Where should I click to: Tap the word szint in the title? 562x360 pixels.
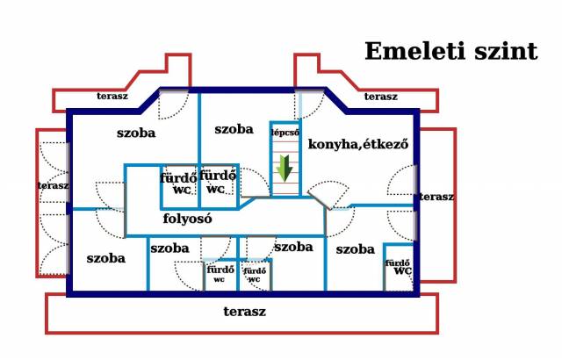[506, 51]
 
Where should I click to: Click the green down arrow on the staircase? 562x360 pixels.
[285, 168]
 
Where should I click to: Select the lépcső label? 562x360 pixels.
[285, 133]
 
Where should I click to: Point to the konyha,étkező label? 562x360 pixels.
[358, 144]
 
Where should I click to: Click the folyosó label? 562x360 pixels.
[187, 219]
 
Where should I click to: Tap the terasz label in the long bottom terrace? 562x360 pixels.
[245, 312]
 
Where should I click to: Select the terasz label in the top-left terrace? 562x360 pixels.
[112, 96]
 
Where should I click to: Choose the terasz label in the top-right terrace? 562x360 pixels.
[381, 97]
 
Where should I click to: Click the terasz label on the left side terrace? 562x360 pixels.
[54, 185]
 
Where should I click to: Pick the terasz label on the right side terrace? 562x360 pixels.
[436, 197]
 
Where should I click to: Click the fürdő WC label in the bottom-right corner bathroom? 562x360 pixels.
[399, 267]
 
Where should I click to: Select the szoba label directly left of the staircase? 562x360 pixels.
[234, 129]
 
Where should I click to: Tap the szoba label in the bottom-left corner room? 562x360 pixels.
[106, 258]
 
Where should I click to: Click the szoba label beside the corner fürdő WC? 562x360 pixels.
[355, 249]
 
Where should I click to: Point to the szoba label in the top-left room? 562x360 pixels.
[136, 133]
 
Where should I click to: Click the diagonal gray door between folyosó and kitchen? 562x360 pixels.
[319, 200]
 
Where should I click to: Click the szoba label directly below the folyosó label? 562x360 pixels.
[169, 248]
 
